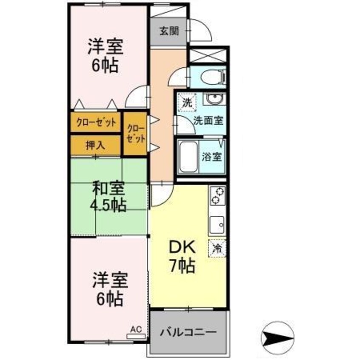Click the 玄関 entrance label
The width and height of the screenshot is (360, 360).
[x=169, y=31]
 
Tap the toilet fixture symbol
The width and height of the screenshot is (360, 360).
[x=213, y=77]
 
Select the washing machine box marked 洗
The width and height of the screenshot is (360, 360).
[x=187, y=103]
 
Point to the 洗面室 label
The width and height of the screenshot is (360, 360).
[x=208, y=120]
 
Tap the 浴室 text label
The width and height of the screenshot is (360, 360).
[x=211, y=157]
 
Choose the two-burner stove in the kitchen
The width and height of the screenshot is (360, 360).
[x=217, y=196]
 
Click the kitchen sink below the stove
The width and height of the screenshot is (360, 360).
[x=217, y=225]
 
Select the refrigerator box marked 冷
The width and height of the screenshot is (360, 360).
[x=217, y=248]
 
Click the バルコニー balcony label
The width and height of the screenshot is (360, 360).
[x=188, y=332]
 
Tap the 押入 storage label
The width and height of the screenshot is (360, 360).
[x=95, y=145]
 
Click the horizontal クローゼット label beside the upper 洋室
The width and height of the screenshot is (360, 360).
[x=96, y=123]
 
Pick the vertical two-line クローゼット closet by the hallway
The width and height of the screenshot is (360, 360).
[x=136, y=134]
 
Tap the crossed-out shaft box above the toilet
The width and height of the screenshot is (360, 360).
[x=208, y=55]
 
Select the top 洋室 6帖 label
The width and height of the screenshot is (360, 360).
[x=106, y=56]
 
